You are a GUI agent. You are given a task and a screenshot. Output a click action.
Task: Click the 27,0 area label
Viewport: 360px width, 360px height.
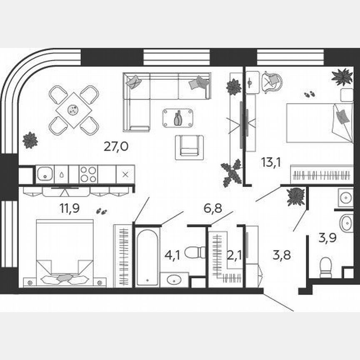click(116, 147)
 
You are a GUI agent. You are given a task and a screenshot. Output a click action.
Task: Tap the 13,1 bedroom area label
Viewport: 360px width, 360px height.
click(271, 162)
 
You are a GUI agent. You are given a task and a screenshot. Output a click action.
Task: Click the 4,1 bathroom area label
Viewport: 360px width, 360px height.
click(172, 255)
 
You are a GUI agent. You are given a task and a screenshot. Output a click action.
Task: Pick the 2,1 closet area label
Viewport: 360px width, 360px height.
click(233, 255)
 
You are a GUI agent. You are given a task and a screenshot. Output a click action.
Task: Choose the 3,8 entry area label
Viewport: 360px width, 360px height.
click(282, 255)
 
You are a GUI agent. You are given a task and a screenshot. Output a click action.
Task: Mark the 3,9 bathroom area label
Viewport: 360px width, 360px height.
click(327, 239)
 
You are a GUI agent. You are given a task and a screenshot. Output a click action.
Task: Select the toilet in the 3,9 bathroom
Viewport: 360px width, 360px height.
click(325, 267)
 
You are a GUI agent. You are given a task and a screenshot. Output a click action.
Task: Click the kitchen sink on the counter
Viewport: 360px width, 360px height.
click(45, 173)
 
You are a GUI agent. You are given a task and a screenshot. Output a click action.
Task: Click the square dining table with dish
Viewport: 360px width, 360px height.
click(74, 110)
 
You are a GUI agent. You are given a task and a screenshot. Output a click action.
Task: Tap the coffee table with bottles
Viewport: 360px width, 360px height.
click(178, 118)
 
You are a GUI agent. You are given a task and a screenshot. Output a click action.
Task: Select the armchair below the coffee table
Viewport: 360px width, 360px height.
click(189, 147)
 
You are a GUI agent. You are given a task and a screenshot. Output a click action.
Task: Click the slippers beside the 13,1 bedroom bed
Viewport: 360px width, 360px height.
click(309, 95)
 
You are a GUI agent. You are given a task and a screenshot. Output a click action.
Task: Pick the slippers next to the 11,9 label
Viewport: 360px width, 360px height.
click(101, 211)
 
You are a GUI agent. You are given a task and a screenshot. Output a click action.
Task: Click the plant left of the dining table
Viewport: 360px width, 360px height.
click(30, 140)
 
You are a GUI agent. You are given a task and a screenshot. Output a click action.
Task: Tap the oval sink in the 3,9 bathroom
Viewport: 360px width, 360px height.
click(346, 223)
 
